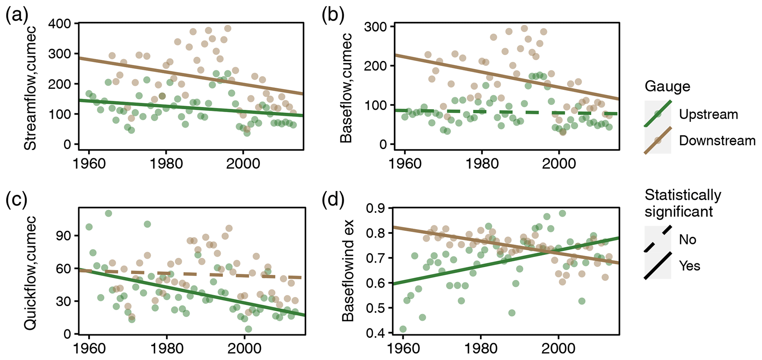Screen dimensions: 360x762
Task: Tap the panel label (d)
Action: tap(333, 200)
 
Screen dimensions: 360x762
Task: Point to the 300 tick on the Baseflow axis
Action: tap(375, 27)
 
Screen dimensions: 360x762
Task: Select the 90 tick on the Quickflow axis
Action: tap(64, 236)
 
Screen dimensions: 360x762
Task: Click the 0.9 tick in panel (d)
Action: tap(375, 209)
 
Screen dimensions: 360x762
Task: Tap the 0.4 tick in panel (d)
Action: tap(375, 333)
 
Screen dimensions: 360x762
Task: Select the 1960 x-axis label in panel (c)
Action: tap(89, 348)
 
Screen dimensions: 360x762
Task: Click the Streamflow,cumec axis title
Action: tap(30, 87)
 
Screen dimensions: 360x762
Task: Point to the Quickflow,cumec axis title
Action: tap(30, 273)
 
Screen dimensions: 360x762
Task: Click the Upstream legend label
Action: tap(708, 114)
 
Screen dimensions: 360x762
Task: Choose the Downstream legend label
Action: tap(717, 141)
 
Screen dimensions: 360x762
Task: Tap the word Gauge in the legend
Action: tap(667, 86)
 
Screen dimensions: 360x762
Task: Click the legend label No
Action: tap(688, 240)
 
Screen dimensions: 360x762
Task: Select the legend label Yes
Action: tap(689, 266)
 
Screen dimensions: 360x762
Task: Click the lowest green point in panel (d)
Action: tap(403, 329)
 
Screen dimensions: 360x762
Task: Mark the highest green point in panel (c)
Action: tap(108, 213)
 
